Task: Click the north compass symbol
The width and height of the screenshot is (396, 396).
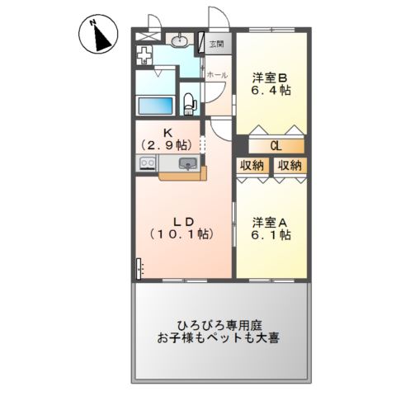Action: click(x=98, y=34)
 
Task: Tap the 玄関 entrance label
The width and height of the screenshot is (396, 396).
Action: click(x=217, y=44)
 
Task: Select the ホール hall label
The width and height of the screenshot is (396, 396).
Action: click(x=217, y=75)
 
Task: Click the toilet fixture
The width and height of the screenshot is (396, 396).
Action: click(x=190, y=103)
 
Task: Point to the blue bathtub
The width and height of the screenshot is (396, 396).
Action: click(x=156, y=106)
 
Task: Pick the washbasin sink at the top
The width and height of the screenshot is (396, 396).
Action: click(x=179, y=40)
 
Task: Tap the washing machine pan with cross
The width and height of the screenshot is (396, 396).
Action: click(x=144, y=55)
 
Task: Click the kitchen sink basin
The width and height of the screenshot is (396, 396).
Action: click(x=188, y=163)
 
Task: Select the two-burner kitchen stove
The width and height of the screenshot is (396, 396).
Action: click(x=147, y=163)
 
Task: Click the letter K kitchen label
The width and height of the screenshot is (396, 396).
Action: click(x=167, y=133)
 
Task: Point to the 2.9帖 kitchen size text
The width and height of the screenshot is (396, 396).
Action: click(x=167, y=145)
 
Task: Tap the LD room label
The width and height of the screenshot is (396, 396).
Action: click(x=183, y=222)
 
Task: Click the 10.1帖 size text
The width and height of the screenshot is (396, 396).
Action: click(x=181, y=234)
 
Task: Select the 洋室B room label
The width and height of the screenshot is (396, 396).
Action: click(x=270, y=78)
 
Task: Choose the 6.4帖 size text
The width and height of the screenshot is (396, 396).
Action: click(x=271, y=90)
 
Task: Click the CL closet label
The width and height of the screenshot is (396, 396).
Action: click(x=276, y=146)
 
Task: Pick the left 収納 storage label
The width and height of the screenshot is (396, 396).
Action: click(x=252, y=166)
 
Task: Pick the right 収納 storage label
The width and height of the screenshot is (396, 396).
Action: click(x=290, y=166)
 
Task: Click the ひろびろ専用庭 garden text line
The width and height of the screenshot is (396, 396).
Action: click(x=219, y=326)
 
